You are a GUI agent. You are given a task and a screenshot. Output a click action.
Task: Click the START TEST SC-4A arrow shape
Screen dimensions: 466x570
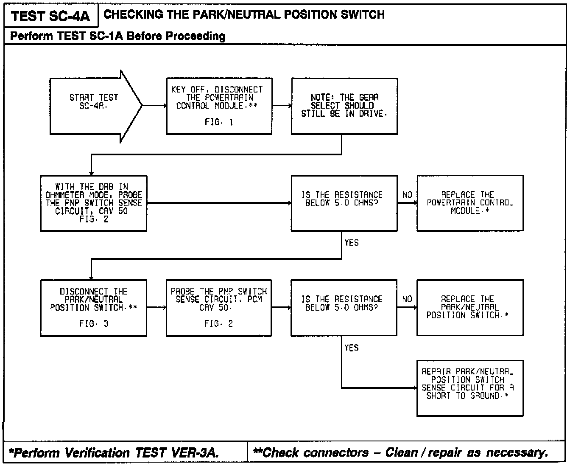[x=94, y=106]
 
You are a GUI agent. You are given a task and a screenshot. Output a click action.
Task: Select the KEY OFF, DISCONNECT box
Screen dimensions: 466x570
[x=219, y=106]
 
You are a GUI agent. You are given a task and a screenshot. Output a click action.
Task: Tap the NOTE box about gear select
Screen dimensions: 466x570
[x=344, y=106]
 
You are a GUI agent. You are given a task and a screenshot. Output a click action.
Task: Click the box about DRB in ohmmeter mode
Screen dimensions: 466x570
[x=93, y=203]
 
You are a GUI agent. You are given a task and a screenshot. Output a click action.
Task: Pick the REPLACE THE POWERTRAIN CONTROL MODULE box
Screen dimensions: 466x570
[x=469, y=203]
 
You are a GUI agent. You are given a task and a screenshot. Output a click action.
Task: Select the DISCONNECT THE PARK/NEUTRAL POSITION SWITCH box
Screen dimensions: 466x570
[x=93, y=308]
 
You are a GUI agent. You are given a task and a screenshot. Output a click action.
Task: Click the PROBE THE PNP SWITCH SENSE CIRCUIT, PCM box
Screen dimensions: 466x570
[x=218, y=308]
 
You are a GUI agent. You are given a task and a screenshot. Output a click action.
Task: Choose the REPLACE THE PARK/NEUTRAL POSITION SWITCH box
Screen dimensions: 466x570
[x=469, y=308]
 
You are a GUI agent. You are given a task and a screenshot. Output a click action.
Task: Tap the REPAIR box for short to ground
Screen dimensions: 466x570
[x=469, y=388]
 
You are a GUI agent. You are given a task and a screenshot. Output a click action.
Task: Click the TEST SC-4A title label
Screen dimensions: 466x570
[x=50, y=16]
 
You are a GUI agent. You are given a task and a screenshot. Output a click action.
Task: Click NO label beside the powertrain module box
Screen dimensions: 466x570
[x=407, y=195]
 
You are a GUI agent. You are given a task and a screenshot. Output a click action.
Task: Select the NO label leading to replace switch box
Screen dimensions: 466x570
[x=407, y=299]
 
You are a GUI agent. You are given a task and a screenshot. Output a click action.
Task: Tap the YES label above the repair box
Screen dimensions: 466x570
[x=352, y=348]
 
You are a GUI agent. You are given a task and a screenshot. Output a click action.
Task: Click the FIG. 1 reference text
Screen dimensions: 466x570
[x=219, y=122]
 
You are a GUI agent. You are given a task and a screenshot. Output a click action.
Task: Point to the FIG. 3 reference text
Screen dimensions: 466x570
[x=93, y=323]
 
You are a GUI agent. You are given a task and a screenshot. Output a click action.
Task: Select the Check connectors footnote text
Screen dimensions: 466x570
[x=400, y=453]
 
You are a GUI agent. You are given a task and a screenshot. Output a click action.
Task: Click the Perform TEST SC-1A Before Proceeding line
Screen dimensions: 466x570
[x=118, y=36]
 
